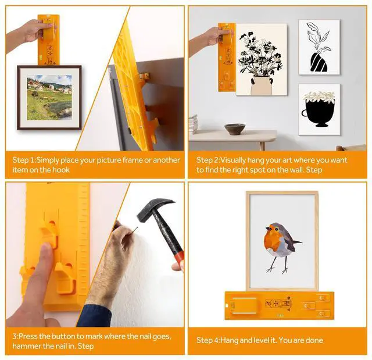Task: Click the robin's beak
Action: click(267, 229)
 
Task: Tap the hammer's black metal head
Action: click(154, 209)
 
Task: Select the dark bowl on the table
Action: click(235, 129)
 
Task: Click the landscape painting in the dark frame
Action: click(49, 98)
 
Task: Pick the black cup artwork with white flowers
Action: click(319, 110)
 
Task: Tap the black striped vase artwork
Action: click(319, 48)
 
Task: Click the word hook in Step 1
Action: click(61, 170)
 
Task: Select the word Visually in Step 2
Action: click(233, 161)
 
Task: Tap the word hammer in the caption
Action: click(26, 346)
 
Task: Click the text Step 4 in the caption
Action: click(208, 340)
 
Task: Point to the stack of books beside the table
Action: click(193, 124)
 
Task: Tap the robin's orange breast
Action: click(272, 240)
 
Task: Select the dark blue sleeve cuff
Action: click(95, 316)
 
